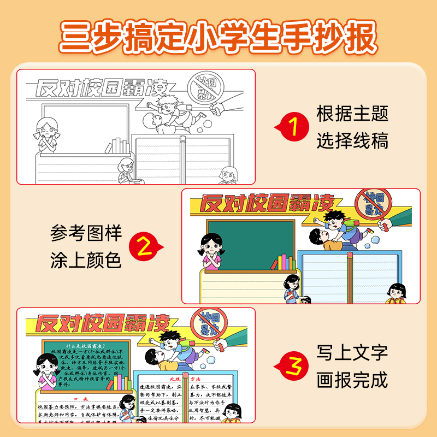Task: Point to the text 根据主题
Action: tap(352, 114)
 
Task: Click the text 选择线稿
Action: tap(352, 141)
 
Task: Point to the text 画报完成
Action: tap(352, 379)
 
